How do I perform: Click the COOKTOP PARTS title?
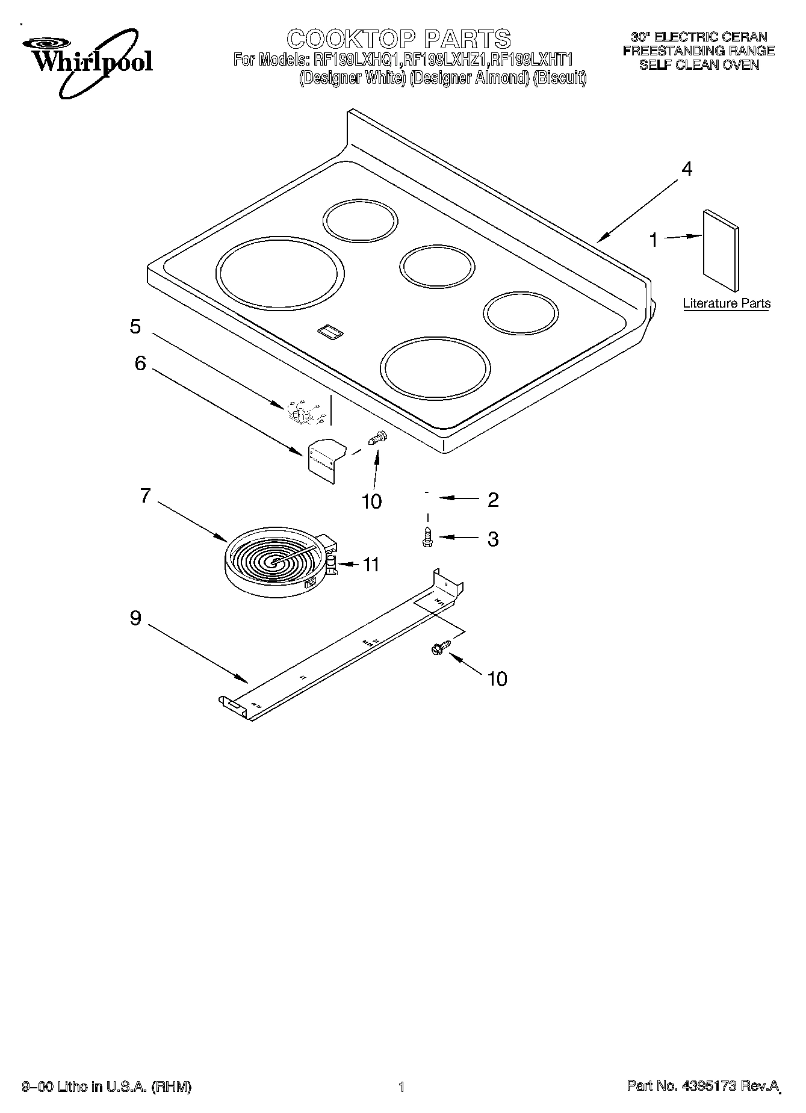[x=398, y=39]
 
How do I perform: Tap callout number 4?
[x=686, y=169]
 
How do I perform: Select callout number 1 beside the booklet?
[x=653, y=240]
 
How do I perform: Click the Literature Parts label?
[x=727, y=303]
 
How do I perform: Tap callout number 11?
[x=371, y=565]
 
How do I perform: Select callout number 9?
[x=135, y=618]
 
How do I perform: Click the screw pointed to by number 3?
[x=427, y=537]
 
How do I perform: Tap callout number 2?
[x=493, y=500]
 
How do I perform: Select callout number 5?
[x=135, y=327]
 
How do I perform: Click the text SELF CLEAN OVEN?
[x=699, y=65]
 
